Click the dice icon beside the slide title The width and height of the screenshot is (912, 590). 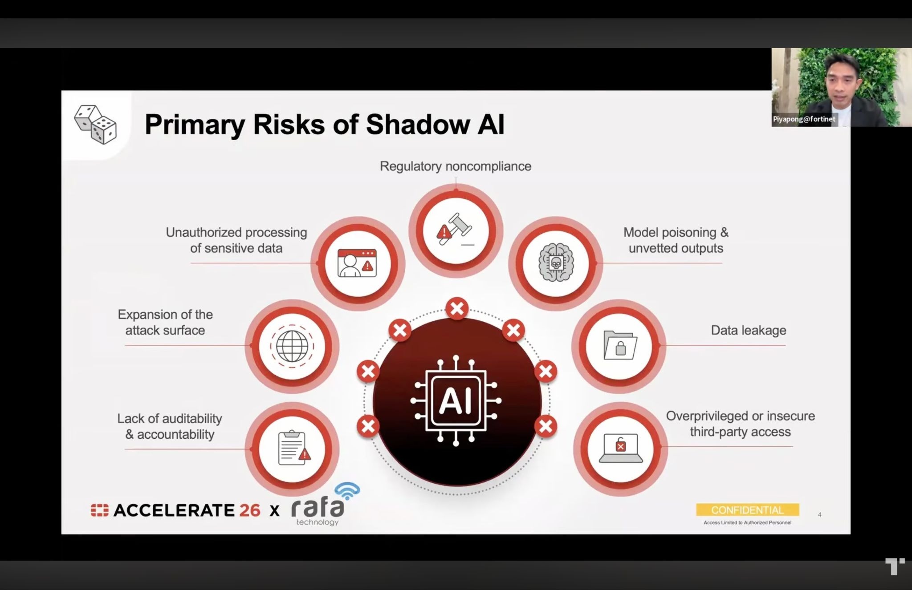coord(95,124)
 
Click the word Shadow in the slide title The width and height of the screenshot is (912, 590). coord(418,124)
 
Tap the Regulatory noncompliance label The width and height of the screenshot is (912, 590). coord(455,166)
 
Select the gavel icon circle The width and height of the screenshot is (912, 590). coord(456,231)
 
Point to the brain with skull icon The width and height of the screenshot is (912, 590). coord(556,262)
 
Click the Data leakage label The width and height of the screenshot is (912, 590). coord(748,330)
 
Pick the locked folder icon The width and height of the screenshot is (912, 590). coord(620,345)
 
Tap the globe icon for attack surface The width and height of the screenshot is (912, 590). coord(292,346)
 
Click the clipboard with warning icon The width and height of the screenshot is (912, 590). coord(293,448)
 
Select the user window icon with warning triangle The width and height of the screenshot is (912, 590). coord(357,263)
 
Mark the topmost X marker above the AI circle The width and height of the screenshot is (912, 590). coord(457,308)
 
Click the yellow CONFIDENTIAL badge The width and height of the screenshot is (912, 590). coord(747,510)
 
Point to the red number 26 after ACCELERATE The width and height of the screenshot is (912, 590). coord(249,510)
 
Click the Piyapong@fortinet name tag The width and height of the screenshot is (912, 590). coord(804,119)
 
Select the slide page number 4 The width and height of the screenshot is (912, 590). coord(819,515)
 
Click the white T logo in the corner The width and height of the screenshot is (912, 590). coord(894,566)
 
